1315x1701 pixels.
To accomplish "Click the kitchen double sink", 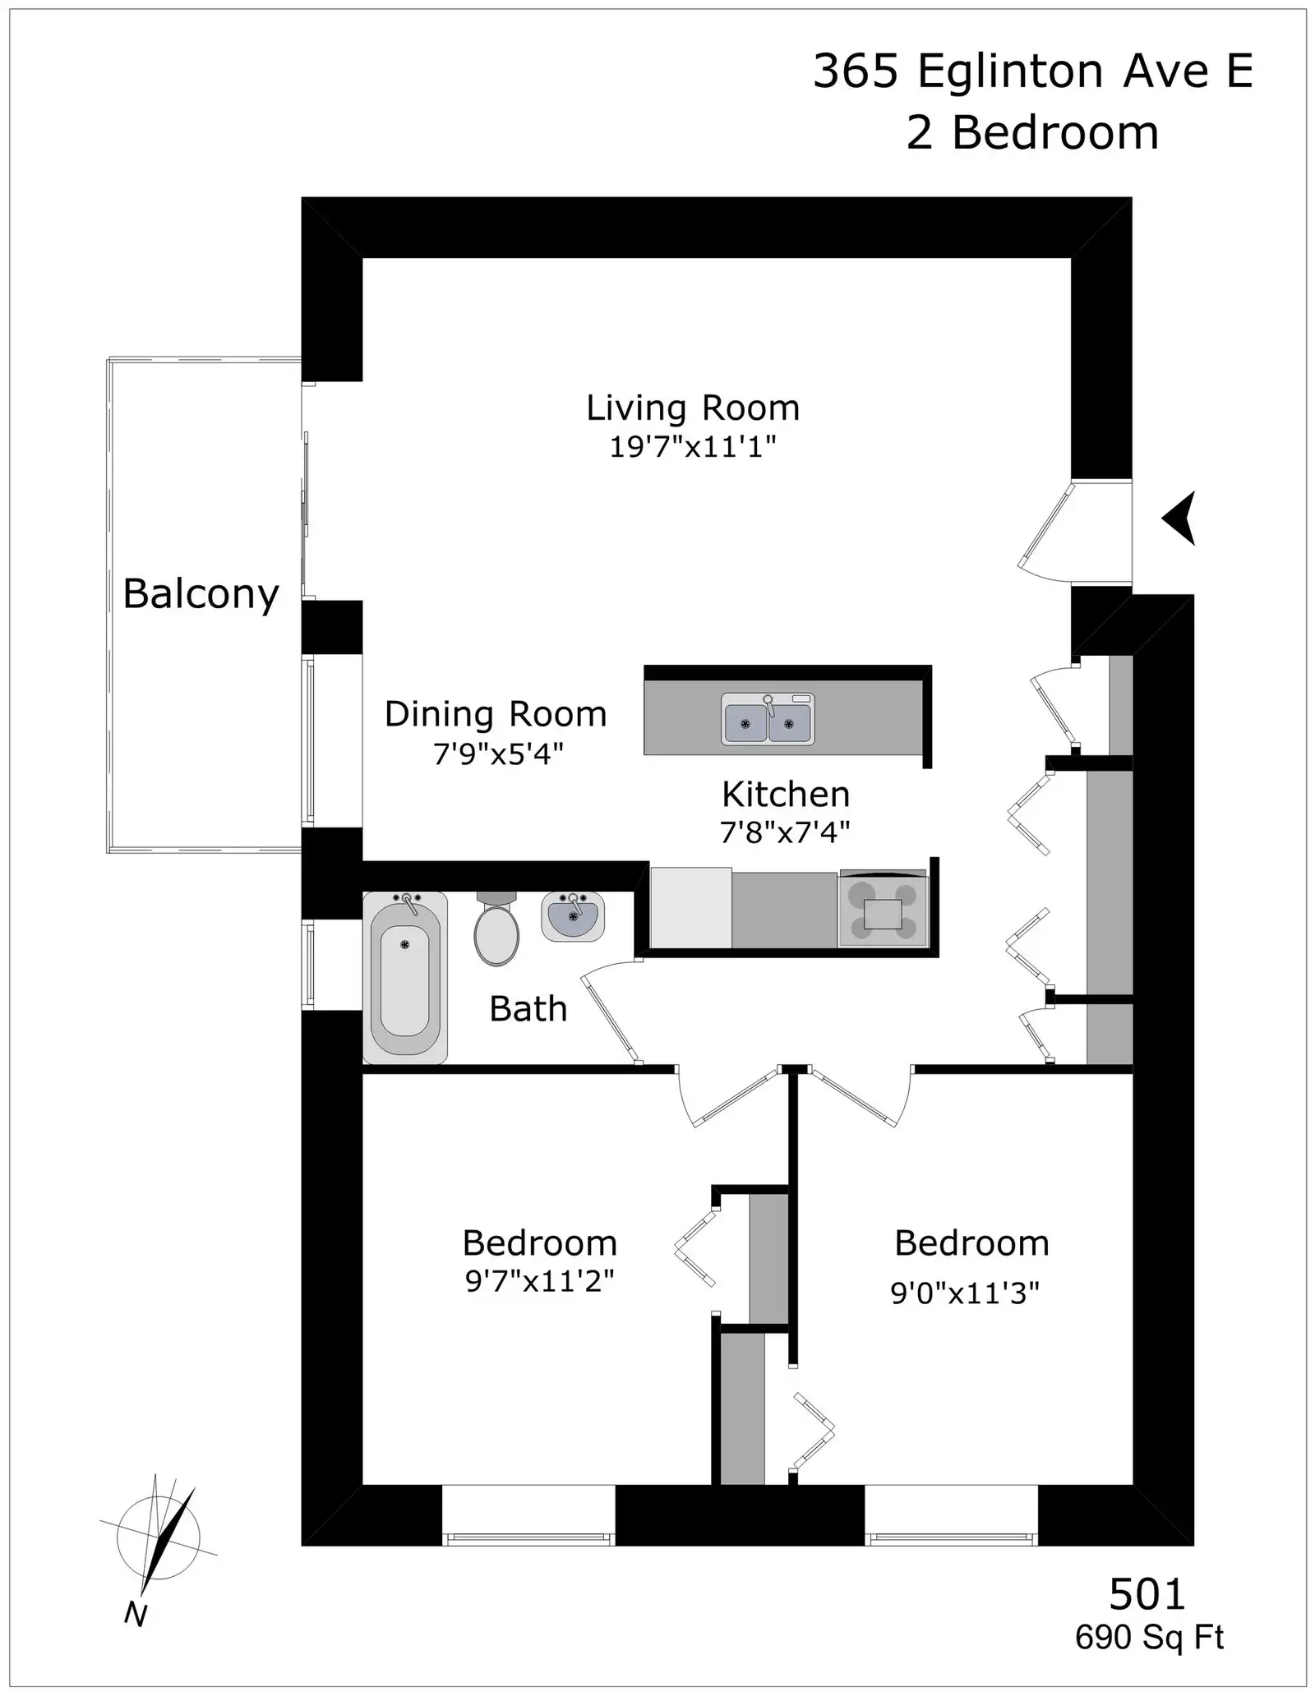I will coord(768,719).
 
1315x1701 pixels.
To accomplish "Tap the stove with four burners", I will coord(883,910).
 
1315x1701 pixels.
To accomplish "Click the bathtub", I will coord(405,977).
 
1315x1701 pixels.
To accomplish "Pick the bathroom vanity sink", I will coord(573,917).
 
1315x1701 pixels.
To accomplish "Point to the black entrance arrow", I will coord(1180,518).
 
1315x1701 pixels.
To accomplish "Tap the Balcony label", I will coord(201,593).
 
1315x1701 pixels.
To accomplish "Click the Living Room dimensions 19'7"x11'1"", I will coord(693,447).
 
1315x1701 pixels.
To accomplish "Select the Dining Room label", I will coord(496,714).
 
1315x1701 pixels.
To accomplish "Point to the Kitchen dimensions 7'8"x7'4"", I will coord(785,833).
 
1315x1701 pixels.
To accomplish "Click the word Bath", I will coord(528,1009).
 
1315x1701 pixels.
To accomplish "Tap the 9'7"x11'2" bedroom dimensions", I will coord(540,1281).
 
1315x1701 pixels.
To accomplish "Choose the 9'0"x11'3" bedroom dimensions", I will coord(965,1293).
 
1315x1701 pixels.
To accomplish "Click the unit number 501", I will coord(1147,1594).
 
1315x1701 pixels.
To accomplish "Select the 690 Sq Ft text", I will coord(1149,1638).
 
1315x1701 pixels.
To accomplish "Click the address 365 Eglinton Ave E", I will coord(1032,71).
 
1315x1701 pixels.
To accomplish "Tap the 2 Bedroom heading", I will coord(1032,132).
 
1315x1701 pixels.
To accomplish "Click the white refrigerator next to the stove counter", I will coord(690,907).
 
